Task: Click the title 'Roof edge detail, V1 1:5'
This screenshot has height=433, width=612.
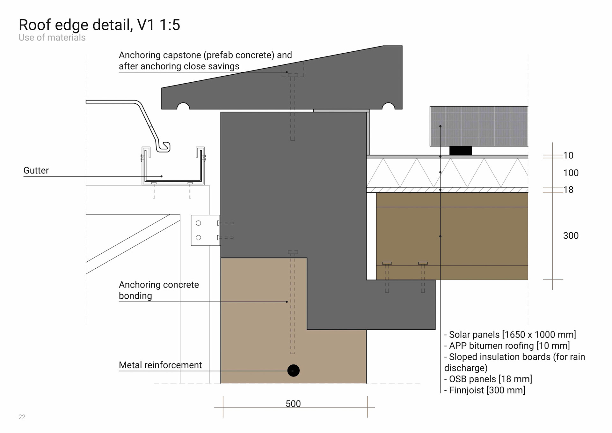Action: coord(99,25)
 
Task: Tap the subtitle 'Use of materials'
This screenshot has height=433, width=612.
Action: coord(52,38)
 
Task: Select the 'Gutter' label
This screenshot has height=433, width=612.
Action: coord(36,170)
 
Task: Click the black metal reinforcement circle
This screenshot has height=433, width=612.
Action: coord(293,370)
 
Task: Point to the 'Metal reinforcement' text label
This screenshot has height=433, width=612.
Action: coord(160,365)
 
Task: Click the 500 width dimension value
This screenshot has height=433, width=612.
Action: coord(293,404)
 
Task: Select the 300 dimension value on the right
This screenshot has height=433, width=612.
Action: coord(571,236)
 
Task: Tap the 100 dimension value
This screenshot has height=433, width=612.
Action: coord(571,173)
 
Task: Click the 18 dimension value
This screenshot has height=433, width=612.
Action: coord(568,190)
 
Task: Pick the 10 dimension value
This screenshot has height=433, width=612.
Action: coord(568,155)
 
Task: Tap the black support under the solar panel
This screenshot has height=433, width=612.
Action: coord(461,151)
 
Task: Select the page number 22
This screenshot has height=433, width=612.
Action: coord(22,417)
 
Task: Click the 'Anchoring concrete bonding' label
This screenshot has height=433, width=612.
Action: coord(159,290)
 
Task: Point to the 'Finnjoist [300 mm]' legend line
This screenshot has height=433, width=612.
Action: coord(484,390)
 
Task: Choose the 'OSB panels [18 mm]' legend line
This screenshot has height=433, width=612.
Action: coord(488,379)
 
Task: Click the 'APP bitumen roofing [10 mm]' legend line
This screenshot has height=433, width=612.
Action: coord(507,346)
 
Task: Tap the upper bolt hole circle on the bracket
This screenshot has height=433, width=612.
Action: coord(198,223)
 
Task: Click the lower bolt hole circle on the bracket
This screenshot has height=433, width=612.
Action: coord(198,237)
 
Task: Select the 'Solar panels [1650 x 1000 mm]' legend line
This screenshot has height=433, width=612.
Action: coord(510,335)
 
